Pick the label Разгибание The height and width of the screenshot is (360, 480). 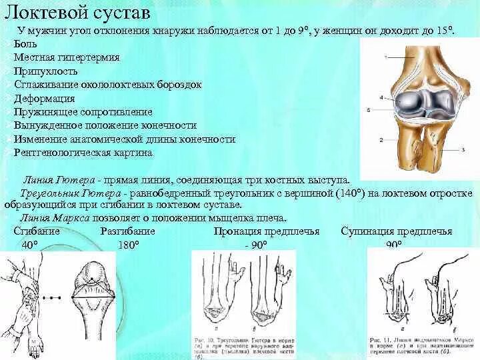128,231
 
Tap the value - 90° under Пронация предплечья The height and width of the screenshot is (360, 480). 255,245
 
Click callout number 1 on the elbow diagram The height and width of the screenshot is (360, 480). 385,57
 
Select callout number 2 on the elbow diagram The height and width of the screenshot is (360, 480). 381,140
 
